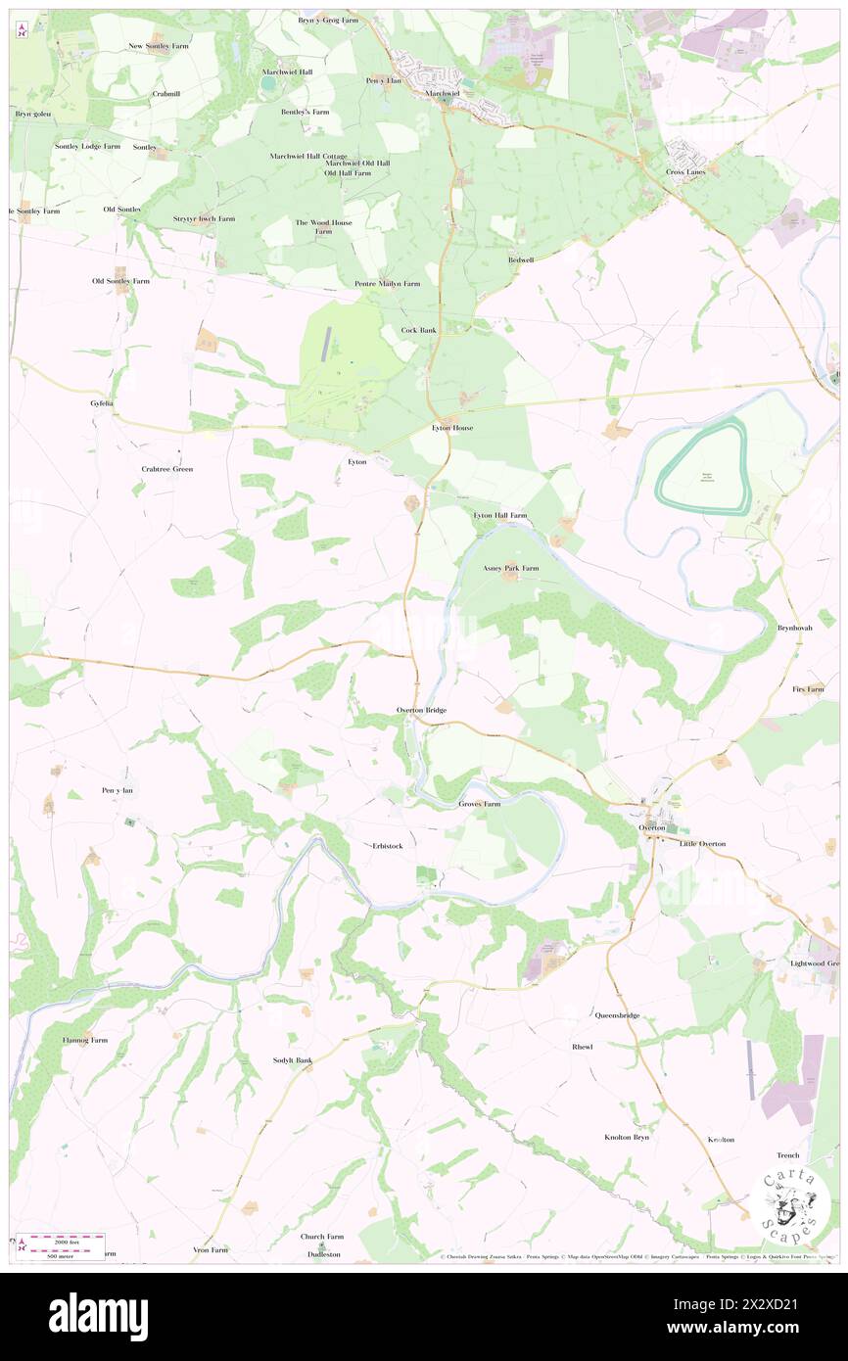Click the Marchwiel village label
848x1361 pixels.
click(443, 94)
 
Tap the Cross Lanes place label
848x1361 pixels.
click(685, 172)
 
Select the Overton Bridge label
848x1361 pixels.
click(422, 709)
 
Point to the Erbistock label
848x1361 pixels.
click(388, 845)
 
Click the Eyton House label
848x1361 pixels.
click(453, 428)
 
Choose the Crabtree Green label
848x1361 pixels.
click(167, 469)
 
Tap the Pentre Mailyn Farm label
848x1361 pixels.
click(387, 284)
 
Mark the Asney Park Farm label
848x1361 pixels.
click(511, 568)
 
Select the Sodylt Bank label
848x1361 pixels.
click(292, 1060)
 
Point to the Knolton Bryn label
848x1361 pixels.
click(627, 1138)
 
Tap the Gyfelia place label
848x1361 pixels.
click(102, 403)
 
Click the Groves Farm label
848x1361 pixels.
click(480, 804)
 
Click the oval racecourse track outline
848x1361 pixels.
click(702, 468)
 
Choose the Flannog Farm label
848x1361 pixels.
click(85, 1040)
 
